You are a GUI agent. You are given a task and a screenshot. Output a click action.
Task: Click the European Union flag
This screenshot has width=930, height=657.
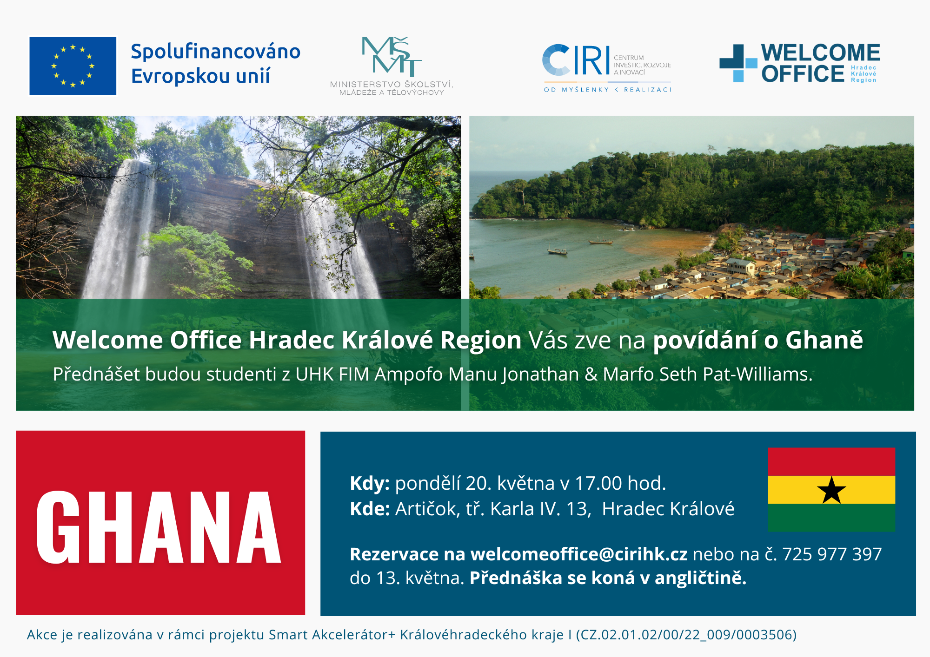click(x=73, y=66)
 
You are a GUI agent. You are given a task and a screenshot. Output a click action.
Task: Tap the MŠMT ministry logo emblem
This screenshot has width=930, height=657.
click(x=392, y=56)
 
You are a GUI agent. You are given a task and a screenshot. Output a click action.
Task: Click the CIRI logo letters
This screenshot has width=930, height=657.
click(x=576, y=60)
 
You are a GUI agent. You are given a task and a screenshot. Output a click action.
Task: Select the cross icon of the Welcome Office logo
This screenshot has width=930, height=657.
click(x=738, y=63)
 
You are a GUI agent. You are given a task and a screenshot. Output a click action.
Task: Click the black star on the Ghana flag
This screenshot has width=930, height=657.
click(x=831, y=490)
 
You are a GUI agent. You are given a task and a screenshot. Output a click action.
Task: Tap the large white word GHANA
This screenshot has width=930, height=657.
click(x=159, y=527)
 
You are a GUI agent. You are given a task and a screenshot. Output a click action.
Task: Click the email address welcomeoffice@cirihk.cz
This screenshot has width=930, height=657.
click(x=579, y=554)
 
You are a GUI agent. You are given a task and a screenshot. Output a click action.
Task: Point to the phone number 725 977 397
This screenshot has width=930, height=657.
click(x=832, y=554)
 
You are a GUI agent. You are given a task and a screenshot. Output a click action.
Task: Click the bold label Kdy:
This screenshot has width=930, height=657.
click(x=370, y=484)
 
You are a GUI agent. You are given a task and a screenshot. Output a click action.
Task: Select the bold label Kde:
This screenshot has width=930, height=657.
click(x=370, y=509)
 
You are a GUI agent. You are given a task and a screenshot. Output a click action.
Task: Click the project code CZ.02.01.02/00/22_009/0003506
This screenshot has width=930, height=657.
click(x=686, y=635)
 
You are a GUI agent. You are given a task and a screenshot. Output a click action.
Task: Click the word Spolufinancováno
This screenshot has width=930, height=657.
click(x=216, y=51)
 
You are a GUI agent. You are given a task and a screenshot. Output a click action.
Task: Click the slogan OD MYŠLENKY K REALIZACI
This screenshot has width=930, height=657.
click(x=608, y=90)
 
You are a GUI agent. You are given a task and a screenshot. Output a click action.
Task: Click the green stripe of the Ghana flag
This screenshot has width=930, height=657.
click(x=831, y=518)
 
